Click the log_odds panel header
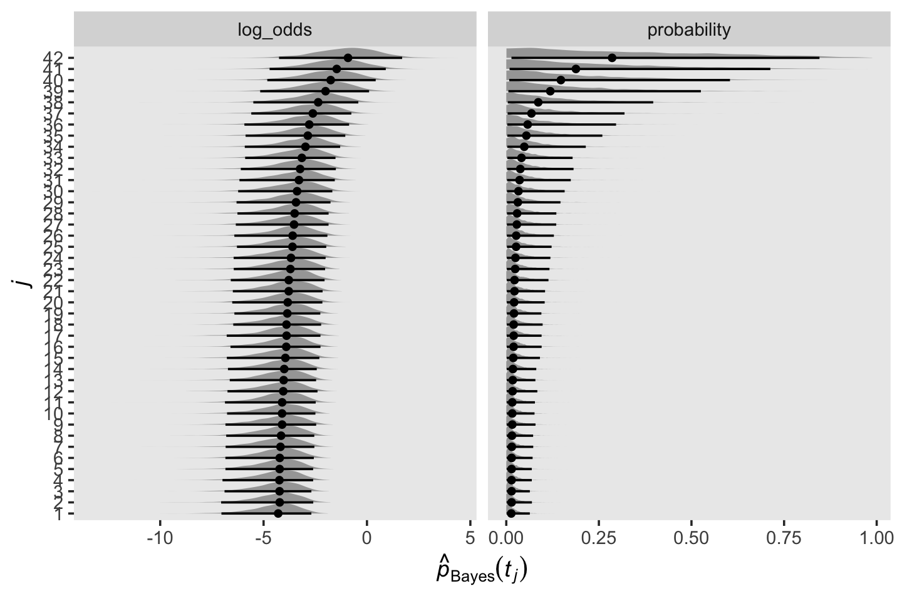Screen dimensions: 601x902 click(x=274, y=29)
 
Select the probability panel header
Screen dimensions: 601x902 click(x=688, y=29)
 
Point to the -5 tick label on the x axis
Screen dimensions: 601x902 click(x=263, y=538)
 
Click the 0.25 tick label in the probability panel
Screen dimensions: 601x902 click(x=598, y=538)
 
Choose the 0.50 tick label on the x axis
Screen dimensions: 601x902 click(x=691, y=538)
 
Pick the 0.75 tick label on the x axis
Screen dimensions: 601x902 click(x=784, y=538)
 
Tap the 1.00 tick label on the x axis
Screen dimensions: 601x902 click(x=876, y=538)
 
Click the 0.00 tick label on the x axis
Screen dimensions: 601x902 click(x=506, y=538)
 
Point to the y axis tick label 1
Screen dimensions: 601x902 click(x=60, y=515)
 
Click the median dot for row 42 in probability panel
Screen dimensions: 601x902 click(x=612, y=58)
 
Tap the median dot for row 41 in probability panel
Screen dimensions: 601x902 click(x=576, y=69)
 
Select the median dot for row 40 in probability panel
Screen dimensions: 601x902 click(x=561, y=80)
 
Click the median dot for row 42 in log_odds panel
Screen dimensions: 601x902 click(x=348, y=58)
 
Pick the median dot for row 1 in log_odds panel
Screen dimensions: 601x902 click(x=278, y=513)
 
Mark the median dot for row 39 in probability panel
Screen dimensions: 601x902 click(x=550, y=91)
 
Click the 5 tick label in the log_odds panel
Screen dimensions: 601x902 click(x=470, y=538)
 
